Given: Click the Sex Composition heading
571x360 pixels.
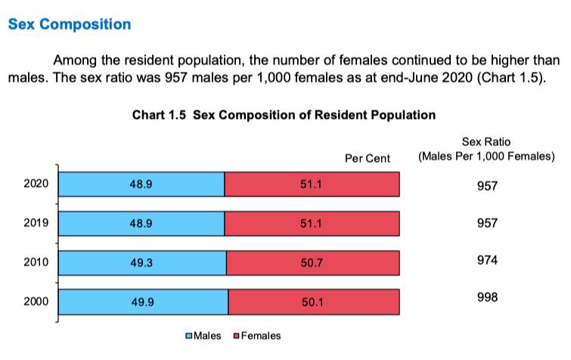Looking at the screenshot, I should tap(69, 23).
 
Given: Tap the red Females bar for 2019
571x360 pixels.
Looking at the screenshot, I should tap(312, 223).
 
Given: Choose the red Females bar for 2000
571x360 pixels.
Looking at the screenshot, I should tap(313, 301).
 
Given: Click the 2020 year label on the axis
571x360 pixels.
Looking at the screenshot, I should tap(36, 185).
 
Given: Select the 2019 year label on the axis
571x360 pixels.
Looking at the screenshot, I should tap(36, 223).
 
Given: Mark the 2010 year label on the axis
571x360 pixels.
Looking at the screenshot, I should tap(36, 262).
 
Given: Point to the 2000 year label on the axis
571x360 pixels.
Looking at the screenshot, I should tap(36, 301).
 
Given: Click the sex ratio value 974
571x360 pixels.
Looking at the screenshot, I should tap(487, 260).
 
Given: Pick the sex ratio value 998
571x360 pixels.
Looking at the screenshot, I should tap(487, 297).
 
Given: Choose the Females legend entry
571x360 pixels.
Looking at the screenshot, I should tap(256, 336).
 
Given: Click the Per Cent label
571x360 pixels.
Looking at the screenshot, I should tap(367, 159).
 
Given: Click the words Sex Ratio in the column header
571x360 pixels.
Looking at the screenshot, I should tap(486, 143).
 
